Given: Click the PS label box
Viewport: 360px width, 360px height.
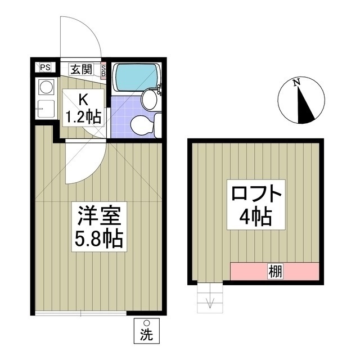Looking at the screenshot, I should coord(44,67).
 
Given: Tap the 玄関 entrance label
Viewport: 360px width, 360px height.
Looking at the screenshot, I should coord(81,70).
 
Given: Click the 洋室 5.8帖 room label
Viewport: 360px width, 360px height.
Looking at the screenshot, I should coord(99,227).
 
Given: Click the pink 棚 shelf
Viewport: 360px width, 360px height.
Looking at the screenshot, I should coord(274,271).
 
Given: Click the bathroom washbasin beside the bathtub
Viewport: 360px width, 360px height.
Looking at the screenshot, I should coord(149,100).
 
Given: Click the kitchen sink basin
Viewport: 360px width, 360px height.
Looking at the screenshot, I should coord(45,107).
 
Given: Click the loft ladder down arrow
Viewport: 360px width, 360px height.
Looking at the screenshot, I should coord(210,301).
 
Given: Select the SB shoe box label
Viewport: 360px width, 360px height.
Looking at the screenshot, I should coord(103,70).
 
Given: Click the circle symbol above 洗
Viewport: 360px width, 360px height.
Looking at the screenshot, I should coord(146,323).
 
